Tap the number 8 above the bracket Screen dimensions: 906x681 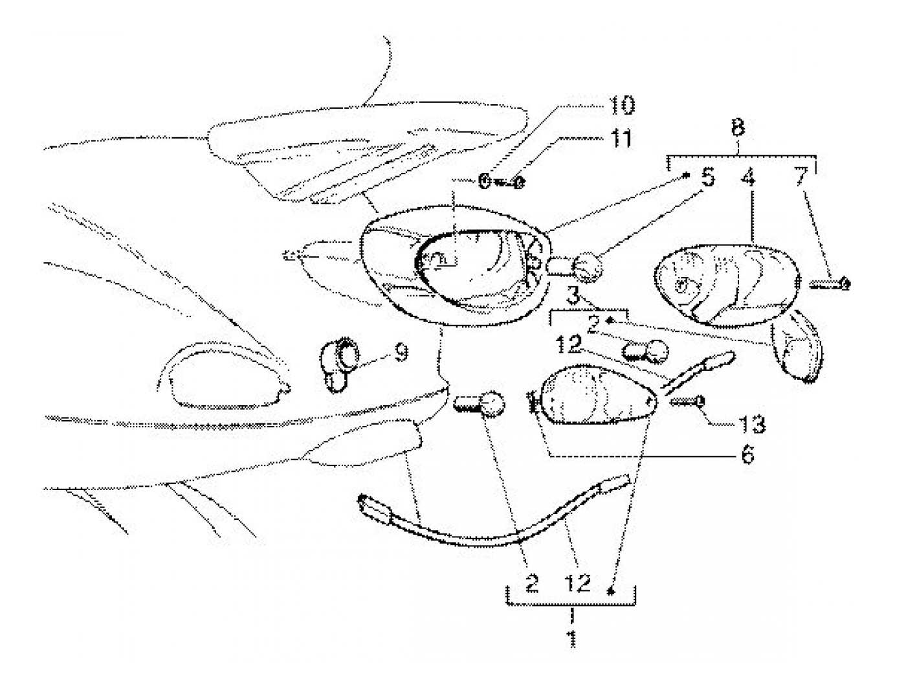point(738,128)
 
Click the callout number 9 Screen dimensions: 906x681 point(401,353)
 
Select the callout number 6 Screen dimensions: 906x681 point(747,455)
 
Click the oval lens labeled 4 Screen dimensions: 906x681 point(725,285)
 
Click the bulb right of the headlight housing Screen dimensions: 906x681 point(589,266)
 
